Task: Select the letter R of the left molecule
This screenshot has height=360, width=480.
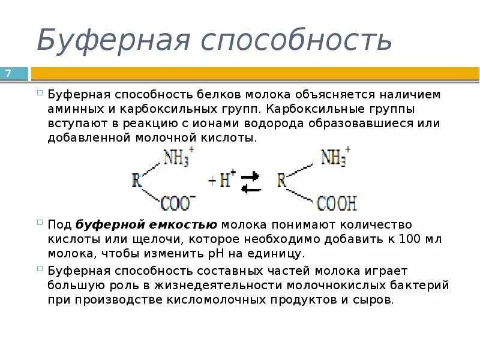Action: coord(137,181)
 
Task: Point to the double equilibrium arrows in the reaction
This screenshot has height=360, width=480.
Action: coord(251,182)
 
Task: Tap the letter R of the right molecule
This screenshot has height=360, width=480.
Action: coord(282,181)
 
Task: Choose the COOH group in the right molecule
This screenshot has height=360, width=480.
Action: coord(337,203)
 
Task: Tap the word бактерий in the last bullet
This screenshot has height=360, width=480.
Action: coord(422,285)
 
